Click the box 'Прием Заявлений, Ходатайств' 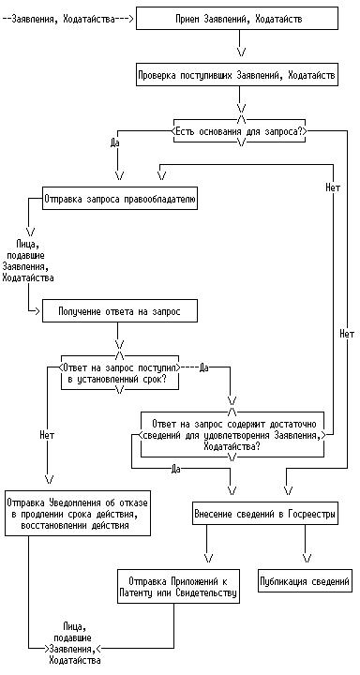point(237,19)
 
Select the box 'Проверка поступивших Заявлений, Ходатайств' point(237,75)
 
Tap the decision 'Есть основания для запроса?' point(239,131)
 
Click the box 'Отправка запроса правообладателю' point(120,199)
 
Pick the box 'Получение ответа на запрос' point(120,311)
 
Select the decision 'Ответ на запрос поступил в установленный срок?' point(120,373)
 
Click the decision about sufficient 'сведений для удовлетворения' point(232,435)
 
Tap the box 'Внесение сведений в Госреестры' point(264,514)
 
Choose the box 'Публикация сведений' point(304,581)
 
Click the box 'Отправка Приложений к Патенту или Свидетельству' point(178,587)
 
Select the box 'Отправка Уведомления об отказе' point(78,514)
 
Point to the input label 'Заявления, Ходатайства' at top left point(64,19)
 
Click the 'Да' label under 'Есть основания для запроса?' point(114,142)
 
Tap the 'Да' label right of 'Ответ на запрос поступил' point(204,367)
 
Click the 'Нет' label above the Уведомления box point(47,435)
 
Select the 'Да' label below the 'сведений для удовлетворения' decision point(175,469)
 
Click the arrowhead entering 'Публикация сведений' point(307,559)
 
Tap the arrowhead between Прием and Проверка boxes point(242,52)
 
